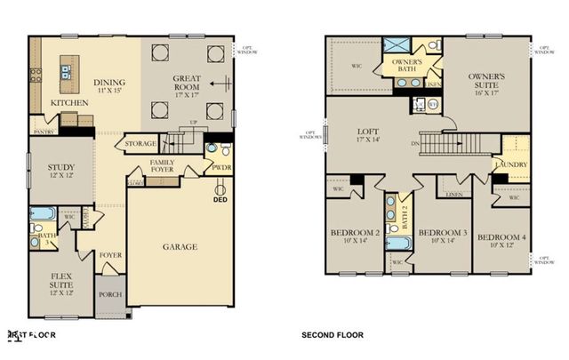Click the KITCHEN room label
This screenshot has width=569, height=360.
(x=68, y=103)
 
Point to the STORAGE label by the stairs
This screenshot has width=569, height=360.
(x=141, y=143)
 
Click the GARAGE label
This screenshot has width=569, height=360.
(x=180, y=246)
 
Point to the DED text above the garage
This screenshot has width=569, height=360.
(x=220, y=200)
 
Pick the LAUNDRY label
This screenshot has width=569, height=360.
(x=514, y=164)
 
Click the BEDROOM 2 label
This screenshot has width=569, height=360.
(x=355, y=235)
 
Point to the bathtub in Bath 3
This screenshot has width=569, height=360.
(x=43, y=213)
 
